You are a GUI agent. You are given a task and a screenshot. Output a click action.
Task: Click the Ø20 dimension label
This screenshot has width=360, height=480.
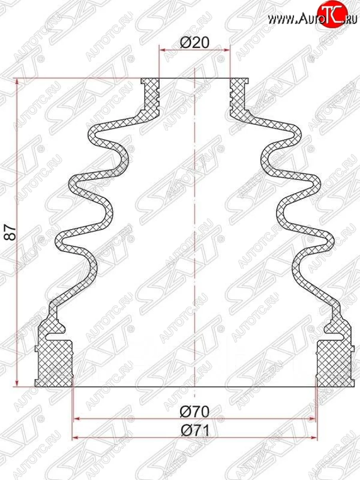click(195, 42)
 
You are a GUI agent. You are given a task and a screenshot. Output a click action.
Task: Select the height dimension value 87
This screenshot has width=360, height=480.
click(12, 232)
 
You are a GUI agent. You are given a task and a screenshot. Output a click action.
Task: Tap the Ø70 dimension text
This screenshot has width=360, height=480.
click(195, 411)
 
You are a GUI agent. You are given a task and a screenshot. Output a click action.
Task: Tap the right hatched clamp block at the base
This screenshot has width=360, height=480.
click(335, 362)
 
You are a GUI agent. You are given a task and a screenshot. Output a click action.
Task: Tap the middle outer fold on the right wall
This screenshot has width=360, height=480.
click(316, 184)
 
